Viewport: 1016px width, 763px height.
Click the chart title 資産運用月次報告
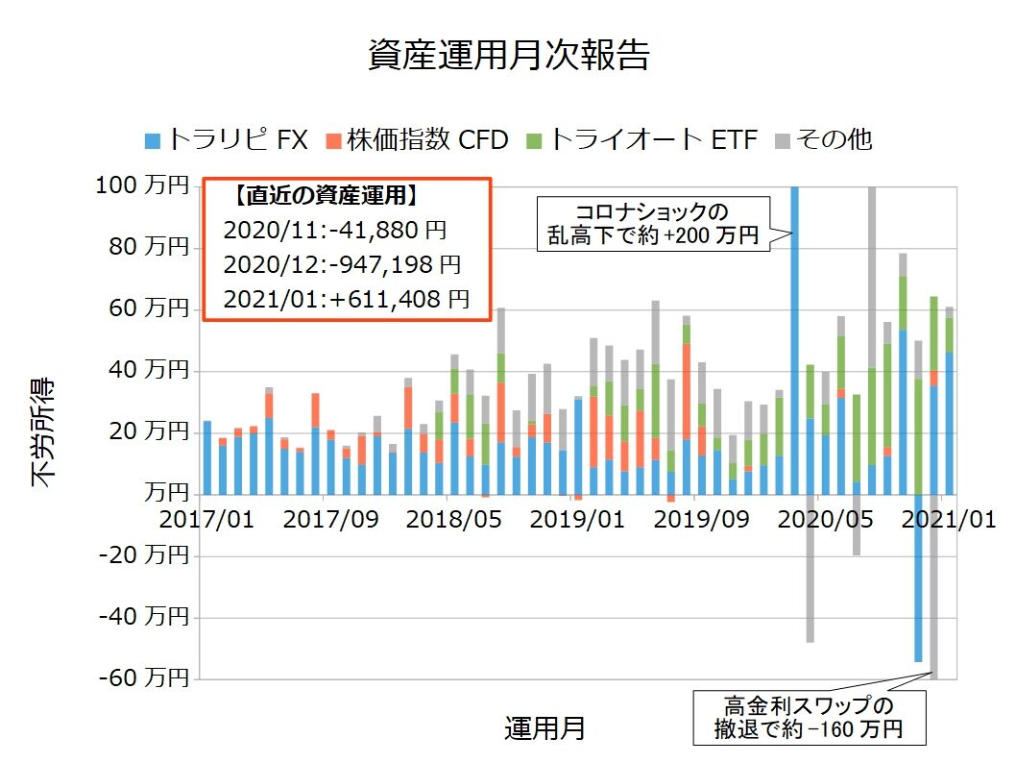pyautogui.click(x=508, y=55)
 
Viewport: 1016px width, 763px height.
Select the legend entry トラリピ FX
pyautogui.click(x=226, y=139)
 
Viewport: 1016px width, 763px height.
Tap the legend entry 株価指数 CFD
pyautogui.click(x=418, y=139)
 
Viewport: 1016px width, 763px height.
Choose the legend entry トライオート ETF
pyautogui.click(x=642, y=139)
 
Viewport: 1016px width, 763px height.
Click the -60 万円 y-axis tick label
pyautogui.click(x=142, y=679)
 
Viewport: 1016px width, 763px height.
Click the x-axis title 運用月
pyautogui.click(x=544, y=726)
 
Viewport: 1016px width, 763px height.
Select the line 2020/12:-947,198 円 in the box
pyautogui.click(x=342, y=264)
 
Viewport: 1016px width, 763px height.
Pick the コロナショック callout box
pyautogui.click(x=653, y=223)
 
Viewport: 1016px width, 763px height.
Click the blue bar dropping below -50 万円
pyautogui.click(x=918, y=577)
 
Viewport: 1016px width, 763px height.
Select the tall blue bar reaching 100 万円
pyautogui.click(x=794, y=336)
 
